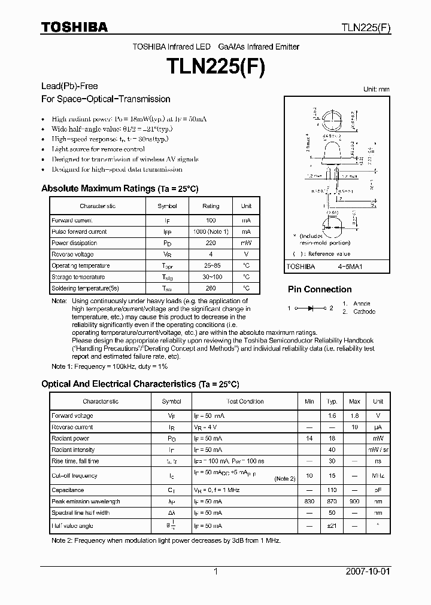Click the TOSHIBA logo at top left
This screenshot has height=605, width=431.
coord(74,27)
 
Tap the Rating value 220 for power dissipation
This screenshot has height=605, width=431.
coord(211,243)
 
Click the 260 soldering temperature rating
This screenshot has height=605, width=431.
coord(211,288)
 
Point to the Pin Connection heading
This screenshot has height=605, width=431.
coord(319,289)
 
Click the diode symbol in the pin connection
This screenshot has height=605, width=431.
coord(311,308)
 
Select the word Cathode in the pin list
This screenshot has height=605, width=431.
coord(364,311)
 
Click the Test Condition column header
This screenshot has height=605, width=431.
coord(245,402)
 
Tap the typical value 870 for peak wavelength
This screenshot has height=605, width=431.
coord(332,502)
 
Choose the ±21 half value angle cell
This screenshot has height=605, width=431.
coord(332,525)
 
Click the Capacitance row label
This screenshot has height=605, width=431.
coord(68,490)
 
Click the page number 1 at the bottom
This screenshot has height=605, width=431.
coord(215,572)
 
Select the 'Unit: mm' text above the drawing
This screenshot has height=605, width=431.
coord(376,89)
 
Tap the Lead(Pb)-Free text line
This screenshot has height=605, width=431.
coord(69,87)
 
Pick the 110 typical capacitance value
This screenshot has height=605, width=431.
coord(332,490)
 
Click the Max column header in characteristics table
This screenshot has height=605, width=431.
coord(354,402)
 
